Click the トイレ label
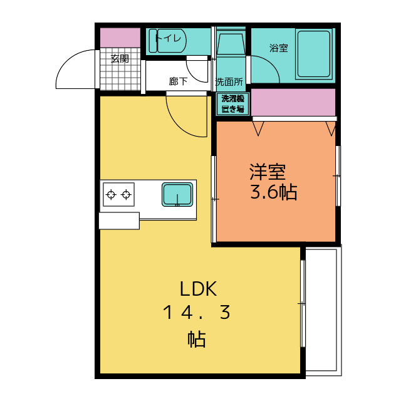(169, 39)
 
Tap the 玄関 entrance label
(120, 58)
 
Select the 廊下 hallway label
(178, 81)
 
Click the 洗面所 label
(229, 82)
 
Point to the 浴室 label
(279, 48)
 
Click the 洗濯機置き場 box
(232, 104)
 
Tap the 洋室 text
(268, 172)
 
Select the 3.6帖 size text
(273, 192)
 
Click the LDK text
(199, 289)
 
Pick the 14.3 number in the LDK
(196, 312)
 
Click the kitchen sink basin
(177, 194)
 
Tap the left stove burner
(111, 195)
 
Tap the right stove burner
(127, 195)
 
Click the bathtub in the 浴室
(314, 54)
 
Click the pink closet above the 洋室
(293, 102)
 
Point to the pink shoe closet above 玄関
(120, 38)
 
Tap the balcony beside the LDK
(323, 310)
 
